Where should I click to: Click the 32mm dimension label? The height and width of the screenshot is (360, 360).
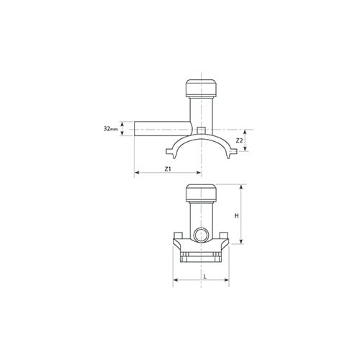point(111,129)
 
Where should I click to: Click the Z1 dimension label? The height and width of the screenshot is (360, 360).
point(168,169)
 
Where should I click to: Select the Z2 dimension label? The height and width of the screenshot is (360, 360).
point(239,141)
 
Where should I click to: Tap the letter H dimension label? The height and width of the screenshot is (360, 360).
point(237,216)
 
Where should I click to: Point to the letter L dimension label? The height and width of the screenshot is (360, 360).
point(204,276)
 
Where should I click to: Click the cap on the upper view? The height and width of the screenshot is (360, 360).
point(201,88)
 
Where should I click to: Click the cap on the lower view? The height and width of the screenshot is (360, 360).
point(201,193)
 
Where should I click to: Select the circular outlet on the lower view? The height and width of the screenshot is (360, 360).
point(201,235)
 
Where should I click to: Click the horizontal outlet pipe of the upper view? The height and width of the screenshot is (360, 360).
point(163,129)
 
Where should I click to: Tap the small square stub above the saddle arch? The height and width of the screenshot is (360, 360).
point(201,130)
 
